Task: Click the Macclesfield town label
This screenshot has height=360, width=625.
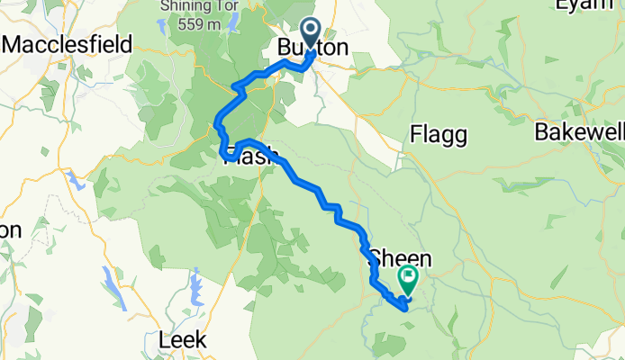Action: pyautogui.click(x=68, y=44)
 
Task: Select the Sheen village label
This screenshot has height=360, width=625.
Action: pyautogui.click(x=400, y=258)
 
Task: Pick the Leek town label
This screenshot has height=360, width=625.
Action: pyautogui.click(x=183, y=340)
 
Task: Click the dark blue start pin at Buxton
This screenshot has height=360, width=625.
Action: pyautogui.click(x=310, y=32)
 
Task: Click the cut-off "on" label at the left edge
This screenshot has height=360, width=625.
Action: pyautogui.click(x=10, y=230)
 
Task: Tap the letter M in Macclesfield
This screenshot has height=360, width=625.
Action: pyautogui.click(x=13, y=44)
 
